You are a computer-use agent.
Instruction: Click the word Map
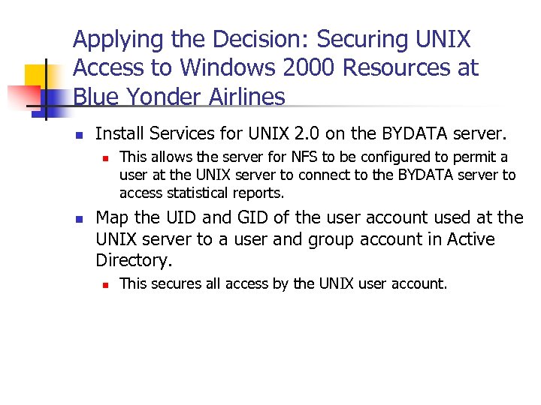(112, 218)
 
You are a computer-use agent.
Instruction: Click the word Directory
(132, 260)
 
